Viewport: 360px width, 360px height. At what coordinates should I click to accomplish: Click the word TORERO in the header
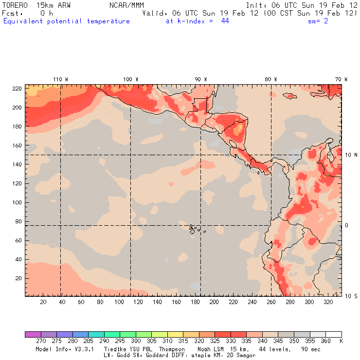15,5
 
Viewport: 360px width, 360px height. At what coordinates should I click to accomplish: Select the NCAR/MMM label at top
126,5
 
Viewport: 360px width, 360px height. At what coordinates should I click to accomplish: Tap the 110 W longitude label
60,79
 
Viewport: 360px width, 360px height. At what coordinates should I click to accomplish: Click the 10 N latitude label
351,155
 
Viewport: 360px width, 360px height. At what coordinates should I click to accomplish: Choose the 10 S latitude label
351,296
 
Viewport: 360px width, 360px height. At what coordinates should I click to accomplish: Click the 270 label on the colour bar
41,341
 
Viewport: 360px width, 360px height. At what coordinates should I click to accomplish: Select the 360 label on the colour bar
326,341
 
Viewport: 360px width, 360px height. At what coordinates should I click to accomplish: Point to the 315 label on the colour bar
183,341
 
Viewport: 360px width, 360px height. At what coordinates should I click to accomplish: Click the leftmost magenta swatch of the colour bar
33,334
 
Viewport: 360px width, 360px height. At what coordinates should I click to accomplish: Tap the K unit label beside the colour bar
341,341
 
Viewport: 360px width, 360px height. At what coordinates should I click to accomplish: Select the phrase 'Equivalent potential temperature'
67,21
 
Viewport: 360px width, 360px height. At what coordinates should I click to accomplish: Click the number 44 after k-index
225,21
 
